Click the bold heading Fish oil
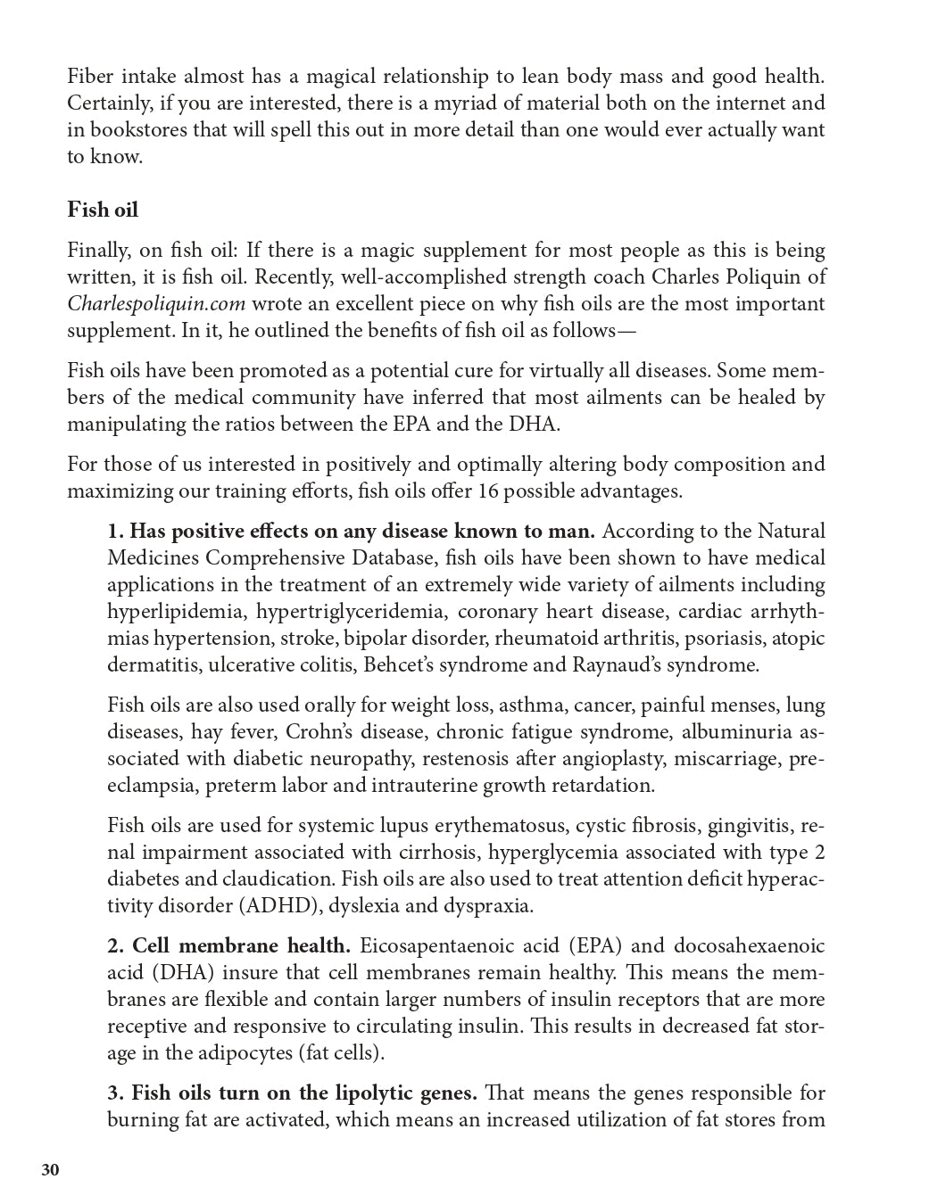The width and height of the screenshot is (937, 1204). [x=103, y=210]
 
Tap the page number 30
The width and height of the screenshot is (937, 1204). [x=51, y=1170]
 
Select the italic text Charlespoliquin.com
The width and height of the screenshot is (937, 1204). [x=156, y=304]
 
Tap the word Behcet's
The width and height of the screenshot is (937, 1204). [x=529, y=665]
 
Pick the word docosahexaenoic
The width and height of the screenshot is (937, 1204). [x=749, y=946]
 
